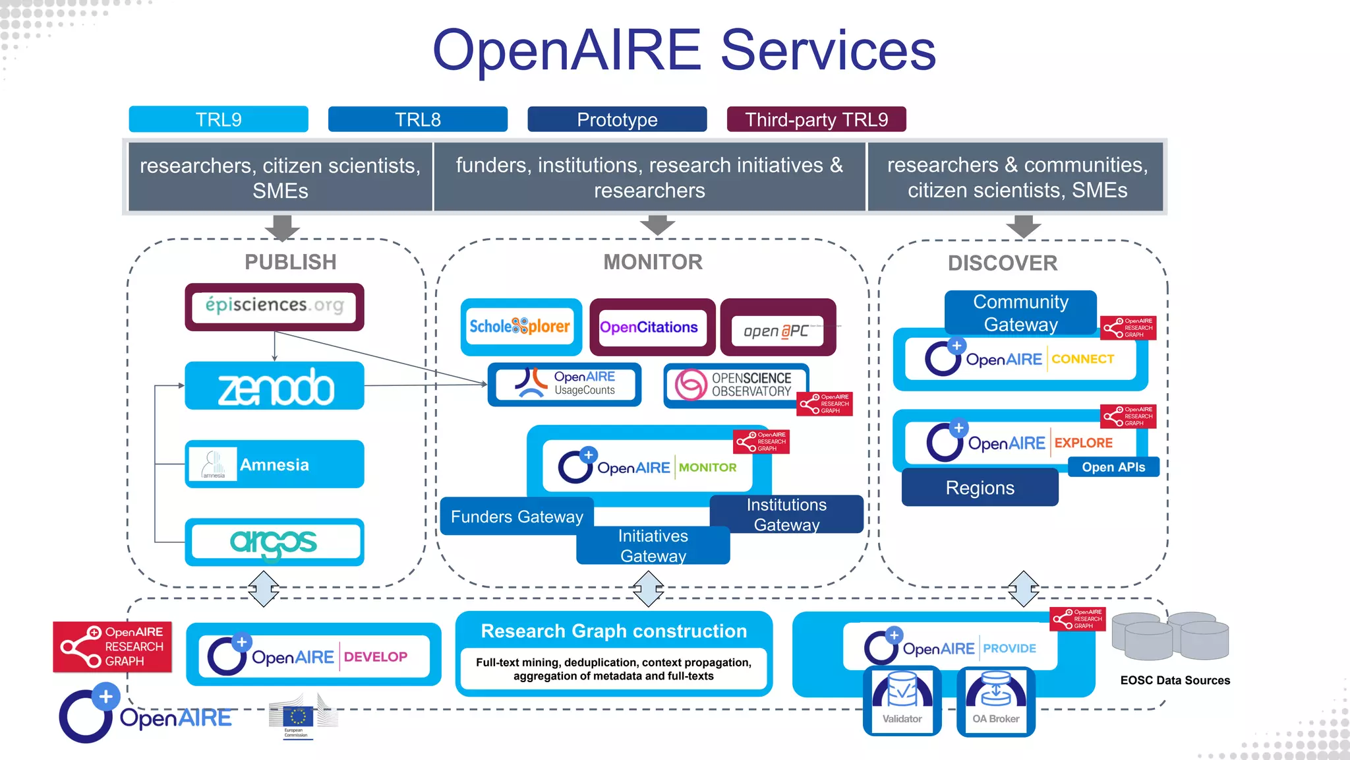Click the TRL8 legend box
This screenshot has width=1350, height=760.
418,119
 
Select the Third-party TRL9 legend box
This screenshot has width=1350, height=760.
816,119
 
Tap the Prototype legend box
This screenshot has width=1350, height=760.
617,119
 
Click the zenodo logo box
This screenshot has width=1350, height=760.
274,386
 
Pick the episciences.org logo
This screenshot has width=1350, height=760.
274,306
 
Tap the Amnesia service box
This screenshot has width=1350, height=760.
274,464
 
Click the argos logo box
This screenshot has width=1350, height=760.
274,542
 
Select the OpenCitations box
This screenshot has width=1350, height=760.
649,327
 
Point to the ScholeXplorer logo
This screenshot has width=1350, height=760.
520,327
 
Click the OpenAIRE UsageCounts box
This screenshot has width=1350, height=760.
565,384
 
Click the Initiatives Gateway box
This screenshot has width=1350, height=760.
653,546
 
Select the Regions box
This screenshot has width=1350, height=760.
980,488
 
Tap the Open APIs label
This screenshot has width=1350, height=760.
1113,467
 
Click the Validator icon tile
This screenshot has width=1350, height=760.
902,701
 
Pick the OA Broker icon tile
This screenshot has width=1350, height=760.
995,701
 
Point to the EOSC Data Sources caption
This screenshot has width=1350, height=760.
1175,680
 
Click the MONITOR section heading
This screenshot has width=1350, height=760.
653,262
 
